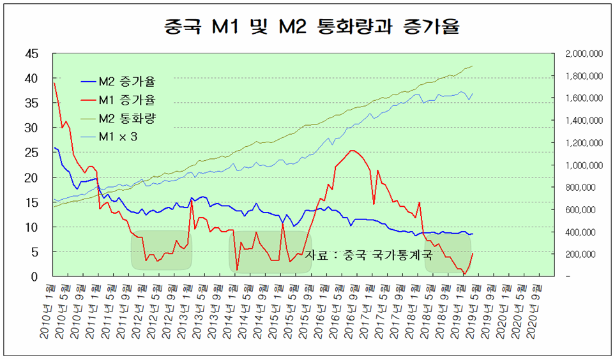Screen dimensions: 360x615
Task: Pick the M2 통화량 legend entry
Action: (x=127, y=119)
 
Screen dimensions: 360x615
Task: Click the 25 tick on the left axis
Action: (x=31, y=153)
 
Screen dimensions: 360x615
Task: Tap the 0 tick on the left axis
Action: (x=35, y=276)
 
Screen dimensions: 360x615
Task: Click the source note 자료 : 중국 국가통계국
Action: (x=368, y=255)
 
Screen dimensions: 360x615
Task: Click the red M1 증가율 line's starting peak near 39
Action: (x=54, y=83)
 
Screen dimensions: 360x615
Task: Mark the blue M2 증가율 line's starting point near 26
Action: (x=54, y=148)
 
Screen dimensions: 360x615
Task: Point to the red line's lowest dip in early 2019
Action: (x=465, y=274)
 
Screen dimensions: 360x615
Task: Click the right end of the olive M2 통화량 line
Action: (x=473, y=66)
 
